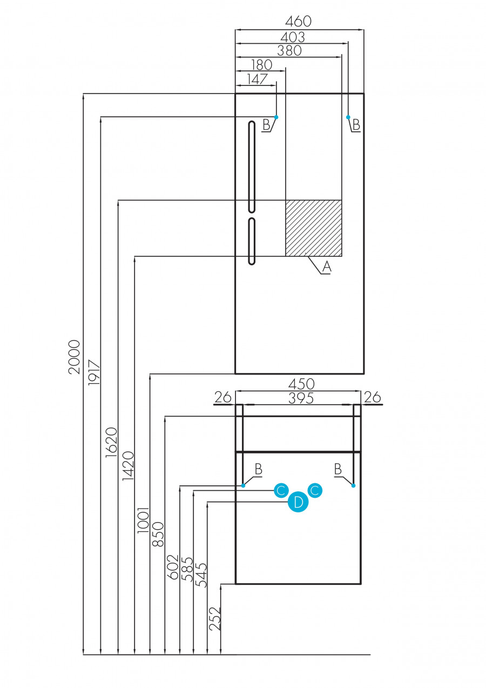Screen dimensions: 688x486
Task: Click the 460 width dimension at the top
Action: point(299,22)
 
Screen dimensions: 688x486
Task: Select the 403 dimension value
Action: point(292,37)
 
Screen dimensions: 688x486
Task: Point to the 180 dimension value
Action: point(261,64)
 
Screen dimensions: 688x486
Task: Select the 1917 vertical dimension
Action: point(92,372)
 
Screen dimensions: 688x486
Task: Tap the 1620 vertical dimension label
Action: point(110,443)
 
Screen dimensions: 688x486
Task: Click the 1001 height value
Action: point(143,520)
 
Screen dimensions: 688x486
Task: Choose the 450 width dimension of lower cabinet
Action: point(301,384)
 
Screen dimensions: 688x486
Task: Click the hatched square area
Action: point(313,228)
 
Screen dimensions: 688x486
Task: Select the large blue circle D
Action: point(298,503)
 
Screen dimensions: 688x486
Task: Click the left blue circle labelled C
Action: point(280,491)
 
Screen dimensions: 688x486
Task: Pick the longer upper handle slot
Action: point(251,166)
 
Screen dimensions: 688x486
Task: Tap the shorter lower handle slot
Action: point(251,241)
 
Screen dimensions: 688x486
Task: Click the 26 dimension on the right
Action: point(372,397)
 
